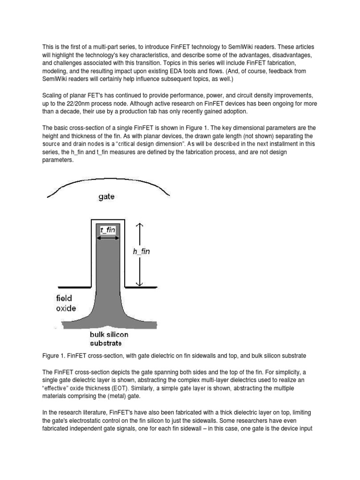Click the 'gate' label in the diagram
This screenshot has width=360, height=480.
coord(106,197)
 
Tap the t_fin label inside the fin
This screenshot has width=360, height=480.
coord(108,230)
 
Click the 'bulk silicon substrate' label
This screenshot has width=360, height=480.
coord(109,339)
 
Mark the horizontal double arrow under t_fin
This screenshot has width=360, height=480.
coord(108,238)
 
